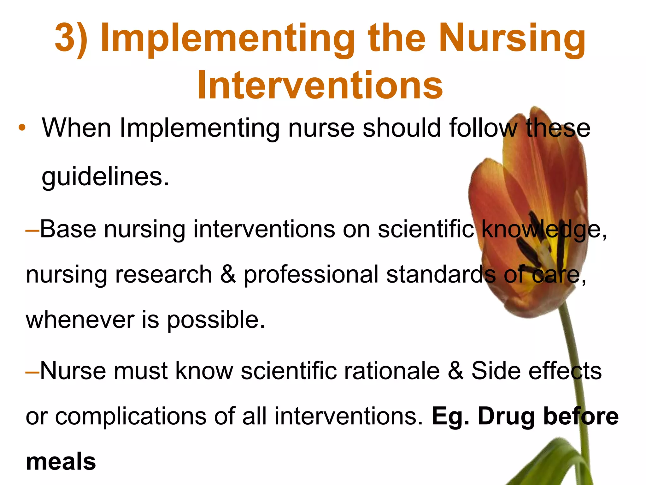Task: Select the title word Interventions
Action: pyautogui.click(x=320, y=85)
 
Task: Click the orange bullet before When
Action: pyautogui.click(x=22, y=128)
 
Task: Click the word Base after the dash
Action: pyautogui.click(x=68, y=229)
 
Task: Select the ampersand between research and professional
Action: pyautogui.click(x=228, y=274)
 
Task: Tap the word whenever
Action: pyautogui.click(x=80, y=320)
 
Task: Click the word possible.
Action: pyautogui.click(x=216, y=320)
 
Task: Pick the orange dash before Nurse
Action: pyautogui.click(x=32, y=371)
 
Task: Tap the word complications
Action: pyautogui.click(x=131, y=416)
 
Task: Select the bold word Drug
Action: pyautogui.click(x=507, y=416)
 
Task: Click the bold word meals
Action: pyautogui.click(x=61, y=462)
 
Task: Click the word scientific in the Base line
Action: pyautogui.click(x=426, y=229)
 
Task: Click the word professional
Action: pyautogui.click(x=311, y=274)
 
